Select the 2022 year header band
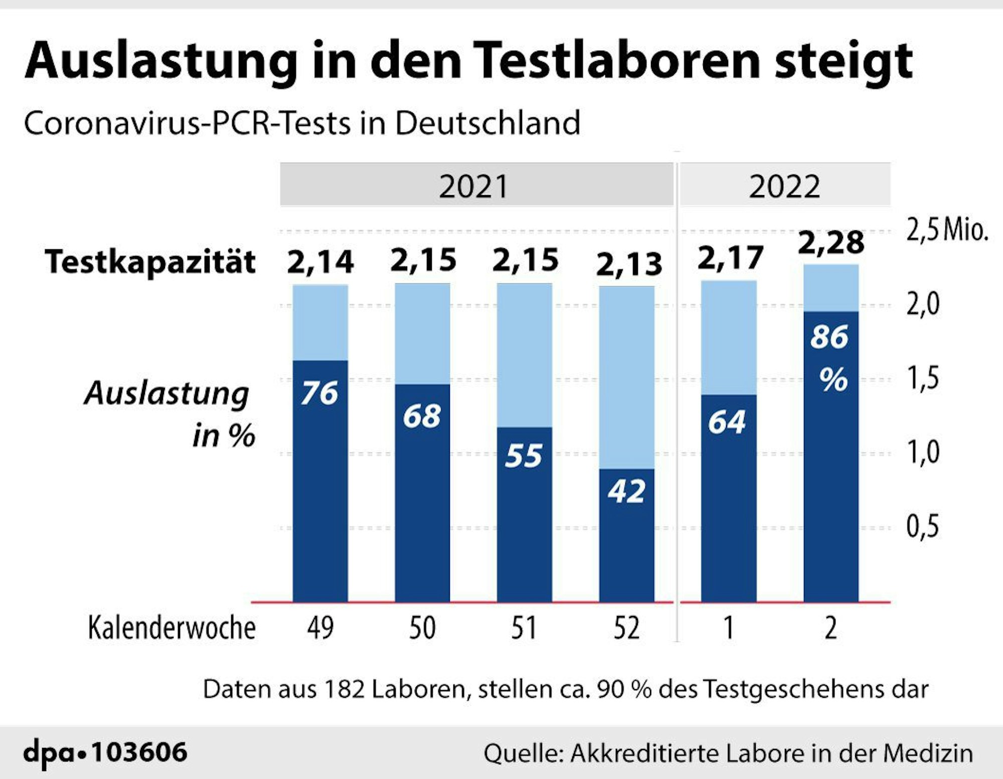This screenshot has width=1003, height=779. coord(784,185)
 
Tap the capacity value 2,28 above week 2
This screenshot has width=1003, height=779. coord(830,243)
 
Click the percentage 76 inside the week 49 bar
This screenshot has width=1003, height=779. coord(319,393)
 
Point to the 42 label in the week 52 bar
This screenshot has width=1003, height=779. coord(626,491)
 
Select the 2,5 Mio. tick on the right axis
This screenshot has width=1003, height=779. coord(946,230)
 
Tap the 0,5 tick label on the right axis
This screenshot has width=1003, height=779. coord(922,527)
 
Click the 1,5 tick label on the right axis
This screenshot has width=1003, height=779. coord(922,378)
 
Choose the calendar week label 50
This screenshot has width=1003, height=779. coord(422,628)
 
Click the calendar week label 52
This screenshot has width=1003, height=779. coord(626,628)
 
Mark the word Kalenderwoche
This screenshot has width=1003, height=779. coord(172,628)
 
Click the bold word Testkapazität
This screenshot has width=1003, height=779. coord(150,262)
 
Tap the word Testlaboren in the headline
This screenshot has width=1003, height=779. coord(616,61)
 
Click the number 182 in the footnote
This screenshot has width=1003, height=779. coord(344,689)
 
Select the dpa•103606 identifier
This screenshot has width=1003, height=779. coord(105,752)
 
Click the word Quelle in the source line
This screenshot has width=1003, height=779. coord(523,753)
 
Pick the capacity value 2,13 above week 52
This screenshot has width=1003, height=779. coord(628,264)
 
